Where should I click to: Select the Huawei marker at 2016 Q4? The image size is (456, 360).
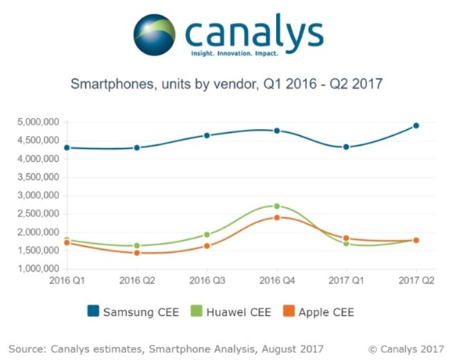pyautogui.click(x=277, y=206)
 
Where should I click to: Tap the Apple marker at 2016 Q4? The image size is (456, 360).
pyautogui.click(x=277, y=217)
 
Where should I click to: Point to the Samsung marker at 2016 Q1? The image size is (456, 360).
pyautogui.click(x=67, y=147)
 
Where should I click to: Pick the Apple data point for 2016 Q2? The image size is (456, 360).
pyautogui.click(x=137, y=252)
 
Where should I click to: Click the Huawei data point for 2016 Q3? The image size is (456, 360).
pyautogui.click(x=207, y=235)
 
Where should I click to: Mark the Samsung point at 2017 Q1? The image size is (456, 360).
pyautogui.click(x=347, y=147)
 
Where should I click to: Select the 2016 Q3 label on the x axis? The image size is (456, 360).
pyautogui.click(x=207, y=281)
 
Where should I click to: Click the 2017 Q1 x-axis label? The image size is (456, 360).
pyautogui.click(x=347, y=281)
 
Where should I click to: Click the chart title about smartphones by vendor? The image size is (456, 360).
pyautogui.click(x=228, y=84)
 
